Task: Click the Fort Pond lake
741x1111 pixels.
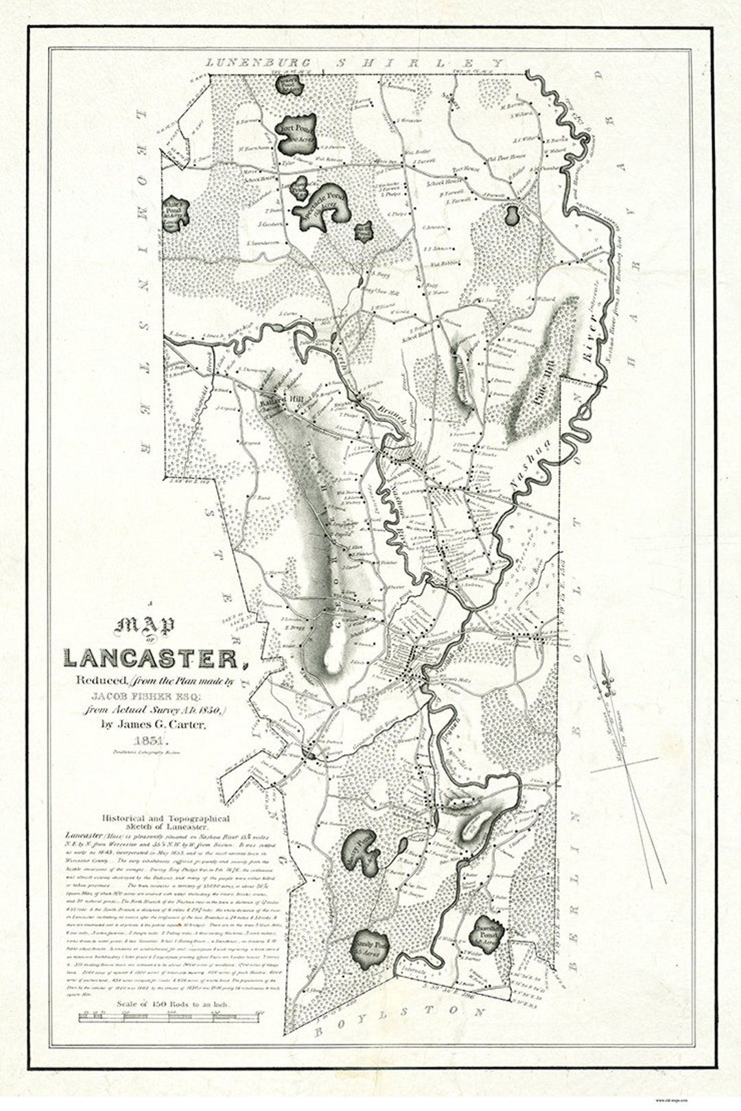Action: point(294,137)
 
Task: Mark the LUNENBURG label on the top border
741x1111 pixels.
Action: point(258,62)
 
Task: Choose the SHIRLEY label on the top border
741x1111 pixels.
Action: point(419,62)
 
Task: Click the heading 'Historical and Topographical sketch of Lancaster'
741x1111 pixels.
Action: point(165,823)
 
